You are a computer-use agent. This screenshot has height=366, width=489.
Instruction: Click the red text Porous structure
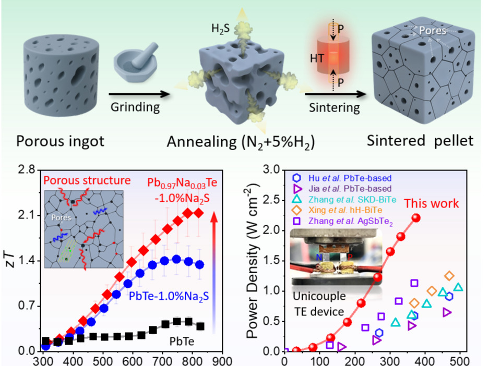click(87, 181)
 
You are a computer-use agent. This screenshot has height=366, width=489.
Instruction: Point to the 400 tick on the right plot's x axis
click(426, 360)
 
